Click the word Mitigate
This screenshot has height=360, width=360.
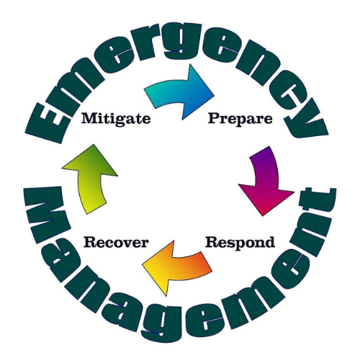[x=116, y=119]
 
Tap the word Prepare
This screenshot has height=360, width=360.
[x=240, y=119]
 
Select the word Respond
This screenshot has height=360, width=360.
[x=240, y=243]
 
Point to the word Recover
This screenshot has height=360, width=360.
[x=116, y=243]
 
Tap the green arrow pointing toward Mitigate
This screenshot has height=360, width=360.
[x=89, y=179]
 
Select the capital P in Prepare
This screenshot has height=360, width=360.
[x=214, y=118]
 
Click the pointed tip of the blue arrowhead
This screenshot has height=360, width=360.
[x=214, y=95]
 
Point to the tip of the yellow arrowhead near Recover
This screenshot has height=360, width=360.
[x=143, y=265]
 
